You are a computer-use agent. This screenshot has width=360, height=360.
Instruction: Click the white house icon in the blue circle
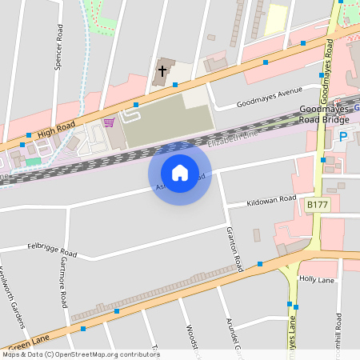coord(180,172)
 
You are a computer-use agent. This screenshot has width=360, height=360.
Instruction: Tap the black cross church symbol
coord(162,71)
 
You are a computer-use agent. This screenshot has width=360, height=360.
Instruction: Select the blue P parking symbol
coord(343,137)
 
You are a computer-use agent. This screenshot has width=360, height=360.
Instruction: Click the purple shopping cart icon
coord(109,122)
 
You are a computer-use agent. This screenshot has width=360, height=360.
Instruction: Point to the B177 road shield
coord(318,206)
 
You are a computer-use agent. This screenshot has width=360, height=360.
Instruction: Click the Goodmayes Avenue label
coord(269,97)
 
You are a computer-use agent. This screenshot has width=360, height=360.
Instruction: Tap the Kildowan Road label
coord(271,199)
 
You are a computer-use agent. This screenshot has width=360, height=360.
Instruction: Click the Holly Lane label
coord(316,281)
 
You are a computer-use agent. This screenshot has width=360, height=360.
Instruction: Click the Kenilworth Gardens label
coord(14,296)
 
